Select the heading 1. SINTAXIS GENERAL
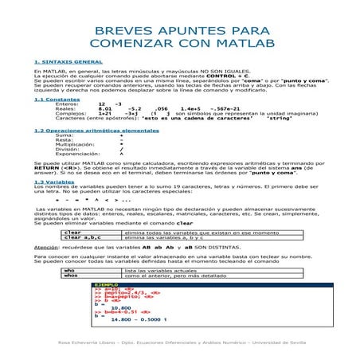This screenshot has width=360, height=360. [68, 61]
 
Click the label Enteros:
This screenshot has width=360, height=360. [67, 104]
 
